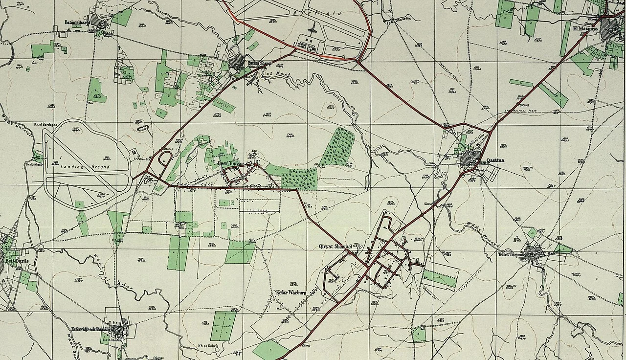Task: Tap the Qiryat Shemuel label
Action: click(x=335, y=246)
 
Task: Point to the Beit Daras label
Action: click(x=17, y=261)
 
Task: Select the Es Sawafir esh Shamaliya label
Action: click(x=92, y=329)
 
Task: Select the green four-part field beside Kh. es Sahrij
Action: click(x=224, y=326)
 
